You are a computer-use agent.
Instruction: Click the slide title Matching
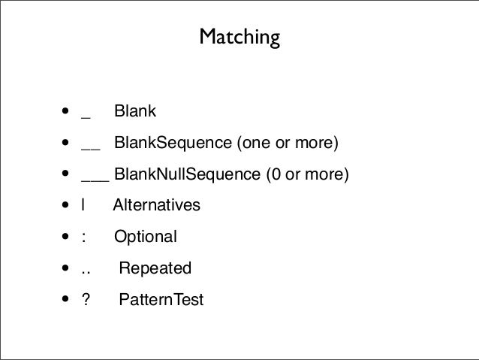pos(239,38)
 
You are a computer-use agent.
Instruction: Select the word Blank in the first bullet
pos(135,110)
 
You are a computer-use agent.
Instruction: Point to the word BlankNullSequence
pos(187,174)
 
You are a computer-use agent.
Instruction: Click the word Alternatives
pos(156,205)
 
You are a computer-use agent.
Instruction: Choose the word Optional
pos(146,237)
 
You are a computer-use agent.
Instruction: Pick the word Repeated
pos(155,268)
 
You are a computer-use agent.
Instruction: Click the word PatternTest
pos(161,299)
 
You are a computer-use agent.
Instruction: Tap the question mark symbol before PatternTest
pos(86,299)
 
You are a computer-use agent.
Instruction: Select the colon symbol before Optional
pos(83,237)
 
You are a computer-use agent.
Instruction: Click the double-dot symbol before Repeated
pos(86,272)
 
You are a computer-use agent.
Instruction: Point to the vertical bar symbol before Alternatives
pos(83,205)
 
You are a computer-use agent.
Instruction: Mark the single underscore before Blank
pos(86,118)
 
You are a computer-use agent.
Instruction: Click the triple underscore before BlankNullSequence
pos(95,181)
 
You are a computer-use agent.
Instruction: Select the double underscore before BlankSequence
pos(91,150)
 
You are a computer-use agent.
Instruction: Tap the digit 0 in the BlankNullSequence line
pos(276,174)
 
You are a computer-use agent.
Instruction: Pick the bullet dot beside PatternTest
pos(65,298)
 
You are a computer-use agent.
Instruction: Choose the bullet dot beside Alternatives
pos(65,204)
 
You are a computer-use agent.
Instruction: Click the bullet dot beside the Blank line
pos(65,110)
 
